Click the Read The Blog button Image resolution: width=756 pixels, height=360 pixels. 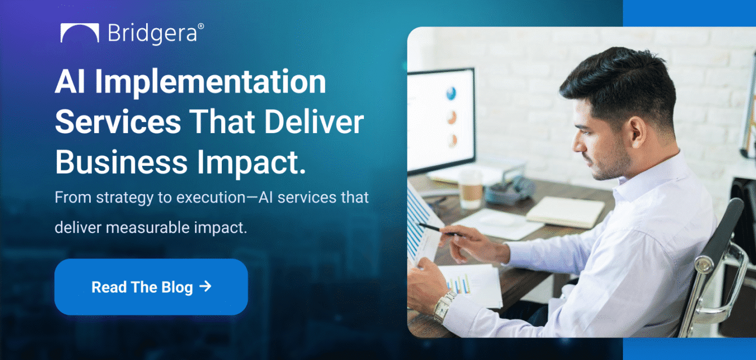click(x=151, y=287)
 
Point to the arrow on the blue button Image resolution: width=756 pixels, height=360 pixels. click(x=206, y=287)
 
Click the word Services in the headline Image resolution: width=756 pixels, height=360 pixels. click(x=118, y=122)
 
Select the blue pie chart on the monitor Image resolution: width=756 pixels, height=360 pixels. click(x=451, y=94)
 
